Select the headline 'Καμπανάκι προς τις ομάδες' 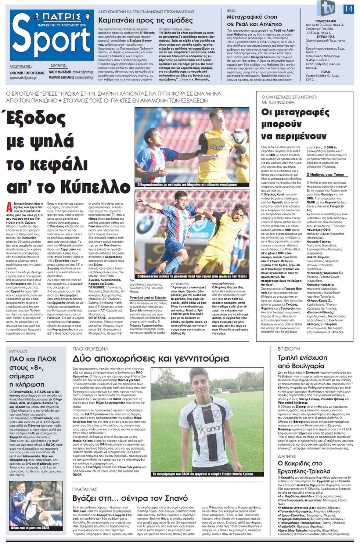tap(145, 20)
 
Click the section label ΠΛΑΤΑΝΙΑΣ tap(84, 489)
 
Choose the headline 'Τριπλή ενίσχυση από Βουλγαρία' tap(302, 361)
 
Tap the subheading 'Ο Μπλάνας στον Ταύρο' tap(325, 174)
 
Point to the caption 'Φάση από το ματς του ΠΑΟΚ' tap(30, 528)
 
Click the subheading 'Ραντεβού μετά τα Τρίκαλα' tap(148, 298)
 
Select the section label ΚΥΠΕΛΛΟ tap(18, 352)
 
